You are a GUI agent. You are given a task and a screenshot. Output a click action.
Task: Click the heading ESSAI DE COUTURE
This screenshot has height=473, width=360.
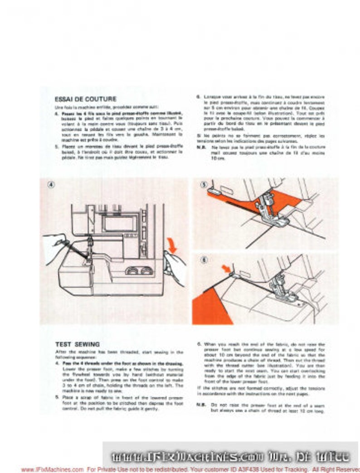click(x=85, y=99)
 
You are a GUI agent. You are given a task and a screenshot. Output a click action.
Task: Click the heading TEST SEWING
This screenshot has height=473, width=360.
click(x=77, y=344)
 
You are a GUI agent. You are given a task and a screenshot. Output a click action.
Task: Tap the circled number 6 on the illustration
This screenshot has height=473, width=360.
click(x=204, y=260)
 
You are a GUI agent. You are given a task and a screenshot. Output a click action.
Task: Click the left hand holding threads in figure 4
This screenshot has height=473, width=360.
click(x=57, y=247)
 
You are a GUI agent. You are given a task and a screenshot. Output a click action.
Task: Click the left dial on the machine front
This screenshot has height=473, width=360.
click(x=132, y=271)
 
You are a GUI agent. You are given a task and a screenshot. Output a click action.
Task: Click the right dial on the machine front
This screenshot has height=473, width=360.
click(x=146, y=271)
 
